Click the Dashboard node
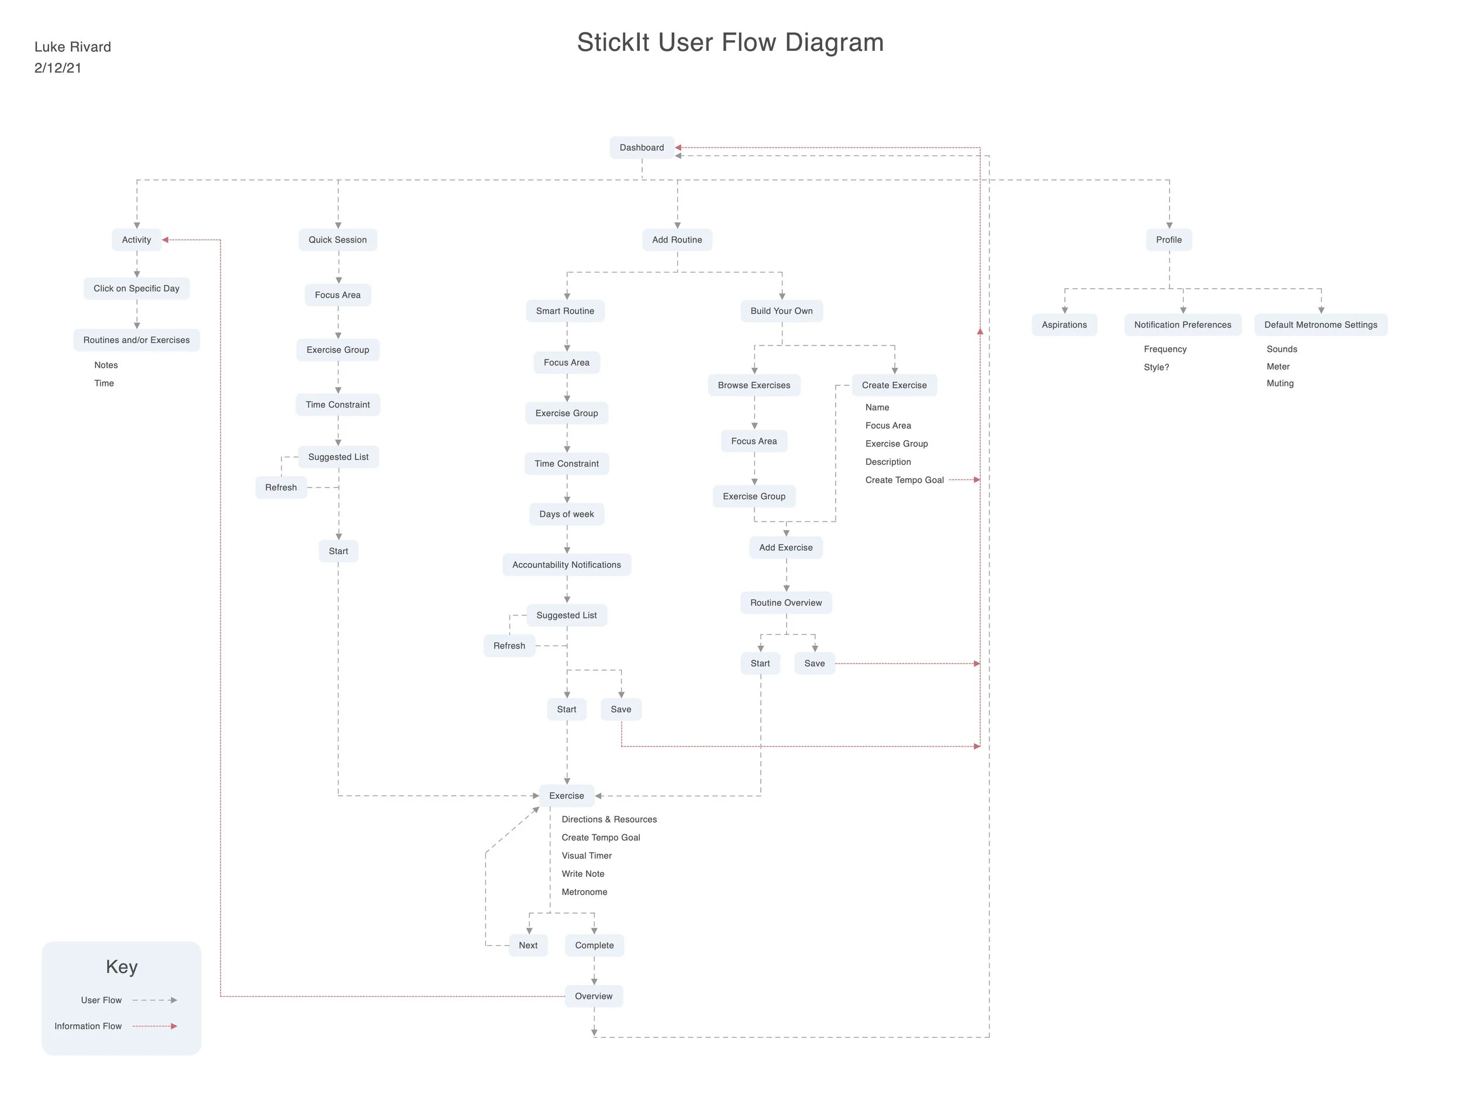pos(641,147)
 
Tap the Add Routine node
pos(677,240)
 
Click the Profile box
pos(1168,240)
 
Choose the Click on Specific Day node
pos(136,288)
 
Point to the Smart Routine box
pos(564,310)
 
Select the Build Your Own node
pos(781,310)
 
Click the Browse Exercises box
pos(753,385)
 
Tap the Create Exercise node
pos(894,385)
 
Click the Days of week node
pos(567,514)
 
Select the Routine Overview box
pos(786,603)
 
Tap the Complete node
pos(594,945)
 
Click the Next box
pos(528,945)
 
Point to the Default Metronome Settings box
pos(1320,324)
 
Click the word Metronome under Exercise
pos(584,892)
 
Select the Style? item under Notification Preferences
pos(1156,368)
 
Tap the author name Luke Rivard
pos(73,47)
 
